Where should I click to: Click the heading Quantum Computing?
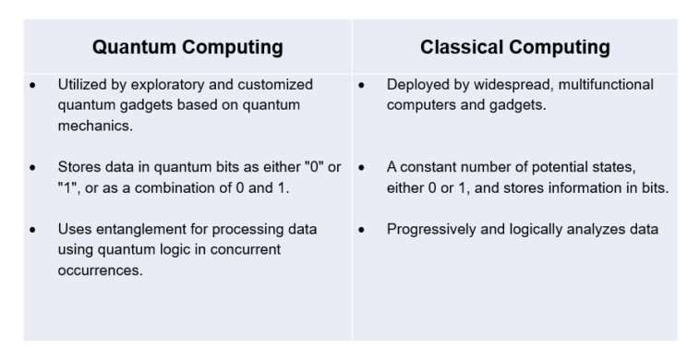[188, 47]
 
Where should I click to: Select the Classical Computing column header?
[514, 47]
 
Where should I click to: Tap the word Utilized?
[79, 85]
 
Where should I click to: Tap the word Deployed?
[419, 85]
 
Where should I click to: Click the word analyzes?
[600, 230]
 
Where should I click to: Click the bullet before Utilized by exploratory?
[33, 86]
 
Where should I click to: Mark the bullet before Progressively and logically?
[363, 230]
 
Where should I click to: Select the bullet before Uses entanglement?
[33, 230]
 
